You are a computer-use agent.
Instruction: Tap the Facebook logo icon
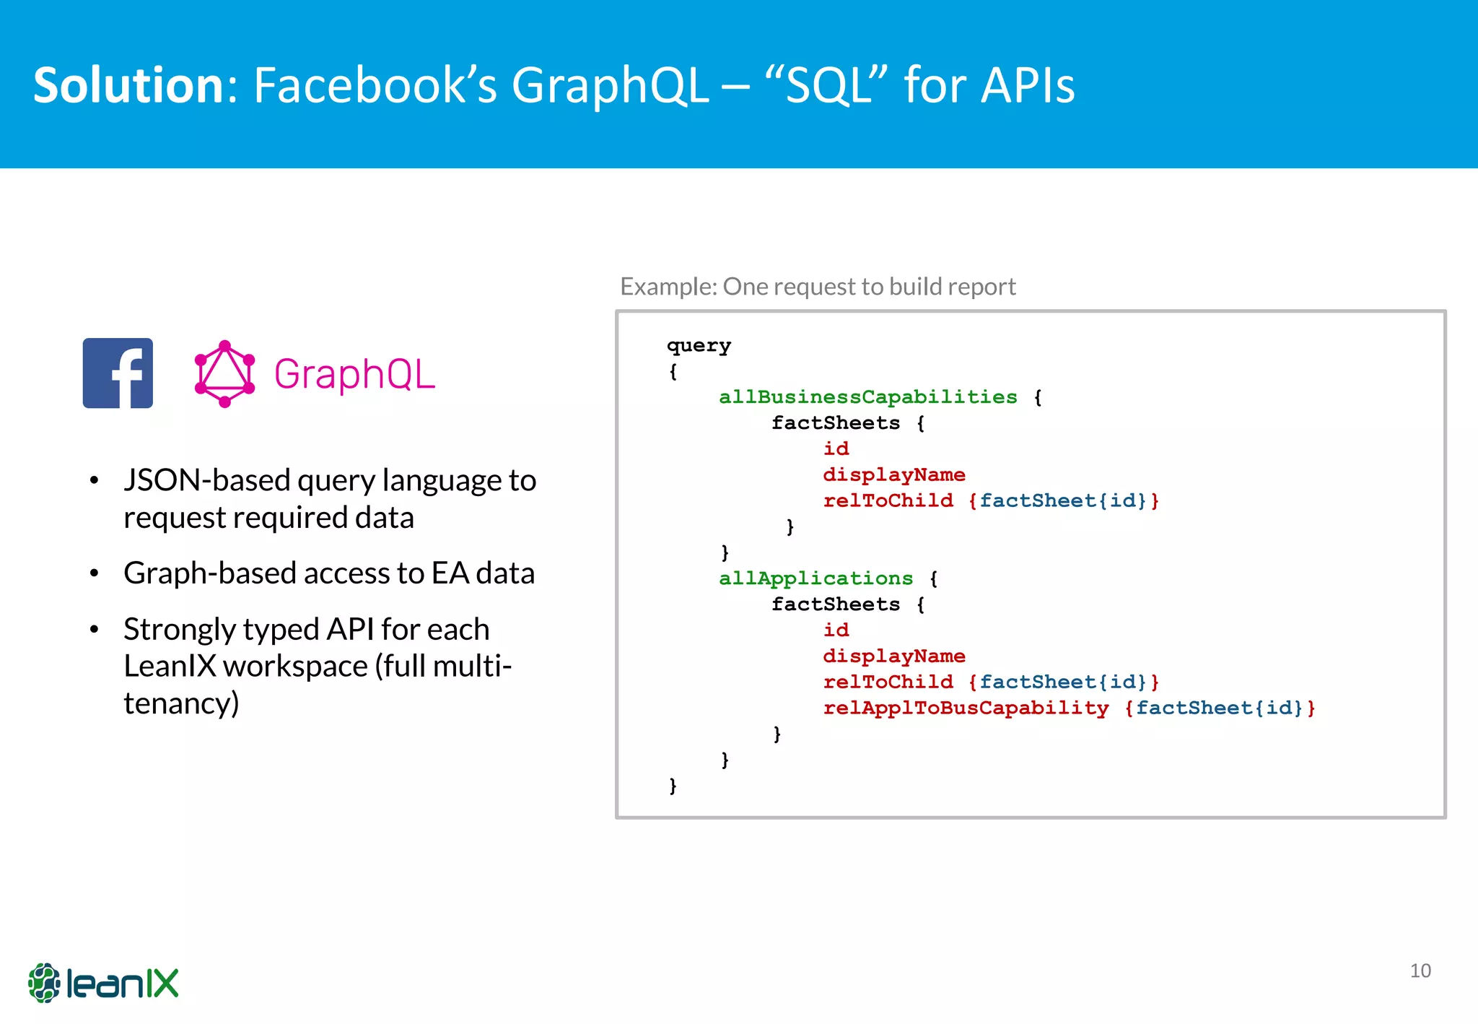click(x=118, y=373)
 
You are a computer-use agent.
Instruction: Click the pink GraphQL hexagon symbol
click(x=224, y=374)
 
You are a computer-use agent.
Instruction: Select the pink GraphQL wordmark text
click(x=354, y=375)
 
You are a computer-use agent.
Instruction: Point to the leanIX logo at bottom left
click(x=103, y=983)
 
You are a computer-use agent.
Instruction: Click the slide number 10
click(x=1420, y=971)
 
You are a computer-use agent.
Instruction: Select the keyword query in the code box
click(x=699, y=346)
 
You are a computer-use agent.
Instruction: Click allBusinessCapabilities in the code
click(x=867, y=397)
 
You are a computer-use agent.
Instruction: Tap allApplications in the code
click(x=815, y=578)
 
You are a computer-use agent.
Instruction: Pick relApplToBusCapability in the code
click(x=966, y=708)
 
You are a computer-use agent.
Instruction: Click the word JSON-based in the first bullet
click(x=206, y=480)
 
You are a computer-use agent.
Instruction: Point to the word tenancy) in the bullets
click(x=181, y=703)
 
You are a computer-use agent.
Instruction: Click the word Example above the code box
click(x=668, y=287)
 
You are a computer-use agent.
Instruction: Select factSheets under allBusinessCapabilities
click(x=836, y=423)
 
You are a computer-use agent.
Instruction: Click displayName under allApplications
click(x=894, y=656)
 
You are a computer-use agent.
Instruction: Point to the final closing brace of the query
click(x=673, y=786)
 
